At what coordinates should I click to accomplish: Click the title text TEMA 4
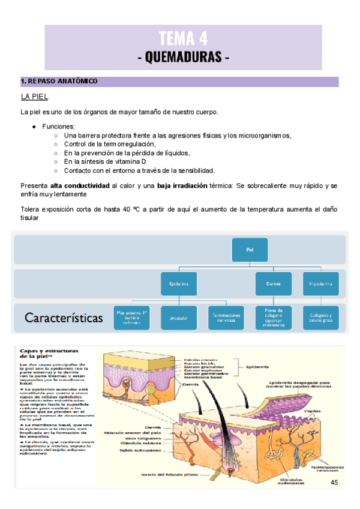coord(183,39)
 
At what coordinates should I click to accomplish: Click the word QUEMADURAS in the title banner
coord(184,58)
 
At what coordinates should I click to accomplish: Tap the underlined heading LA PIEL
coord(34,97)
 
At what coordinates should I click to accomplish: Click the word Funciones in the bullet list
coord(59,127)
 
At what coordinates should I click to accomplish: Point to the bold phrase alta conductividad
coord(80,186)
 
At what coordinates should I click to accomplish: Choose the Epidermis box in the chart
coord(179,283)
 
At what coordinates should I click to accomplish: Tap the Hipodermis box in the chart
coord(320,283)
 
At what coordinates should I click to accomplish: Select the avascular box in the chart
coord(179,318)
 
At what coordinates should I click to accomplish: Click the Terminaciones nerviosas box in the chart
coord(226,318)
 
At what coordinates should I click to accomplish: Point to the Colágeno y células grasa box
coord(320,318)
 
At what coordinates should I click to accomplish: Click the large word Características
coord(64,318)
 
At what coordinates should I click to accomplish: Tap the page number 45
coord(334,483)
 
